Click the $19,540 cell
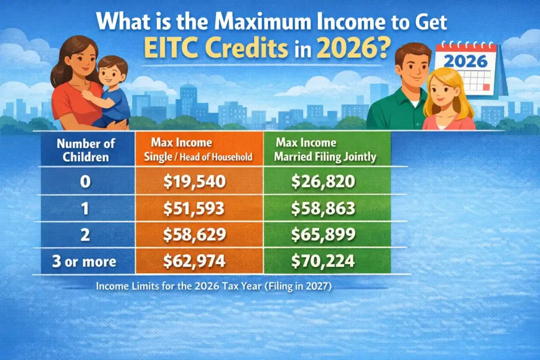pyautogui.click(x=195, y=182)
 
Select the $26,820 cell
pyautogui.click(x=323, y=182)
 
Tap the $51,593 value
pyautogui.click(x=195, y=209)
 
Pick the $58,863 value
pyautogui.click(x=323, y=209)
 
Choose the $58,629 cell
pyautogui.click(x=195, y=236)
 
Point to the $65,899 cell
pyautogui.click(x=323, y=236)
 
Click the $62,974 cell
pyautogui.click(x=195, y=262)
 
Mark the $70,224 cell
pyautogui.click(x=323, y=262)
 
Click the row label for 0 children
pyautogui.click(x=85, y=182)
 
